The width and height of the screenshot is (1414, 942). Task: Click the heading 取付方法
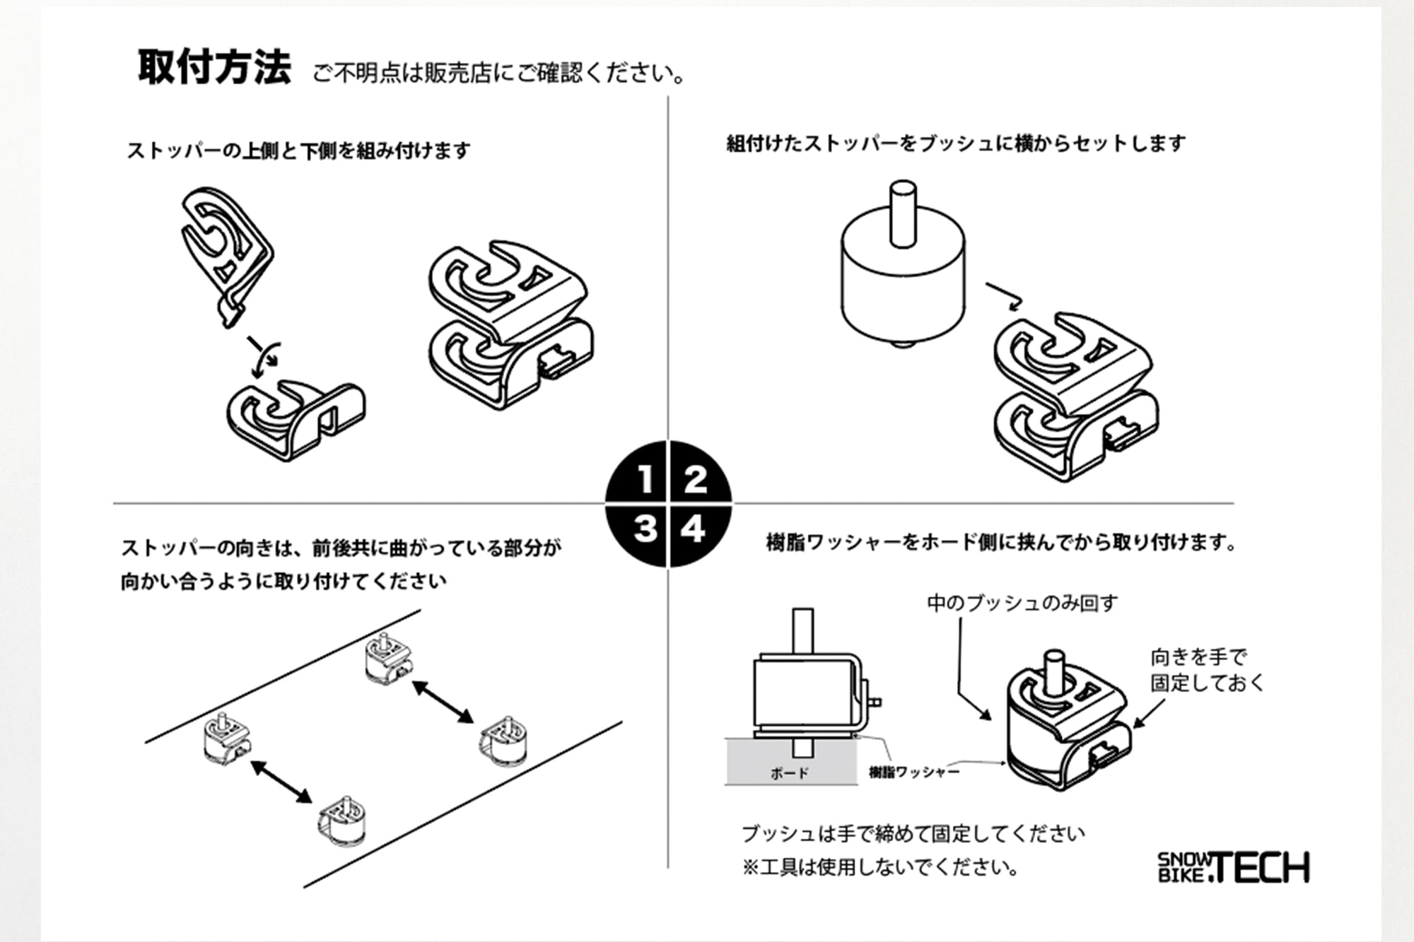pyautogui.click(x=214, y=69)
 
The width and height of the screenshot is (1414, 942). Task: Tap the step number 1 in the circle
pyautogui.click(x=645, y=479)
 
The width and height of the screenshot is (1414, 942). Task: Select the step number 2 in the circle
pyautogui.click(x=695, y=479)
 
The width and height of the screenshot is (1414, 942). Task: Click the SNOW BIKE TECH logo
pyautogui.click(x=1233, y=868)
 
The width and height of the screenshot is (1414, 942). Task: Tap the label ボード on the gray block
pyautogui.click(x=789, y=773)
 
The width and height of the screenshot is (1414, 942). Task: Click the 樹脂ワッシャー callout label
pyautogui.click(x=913, y=772)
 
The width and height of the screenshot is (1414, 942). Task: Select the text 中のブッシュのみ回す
pyautogui.click(x=1022, y=603)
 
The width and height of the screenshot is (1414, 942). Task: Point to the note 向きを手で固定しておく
pyautogui.click(x=1206, y=670)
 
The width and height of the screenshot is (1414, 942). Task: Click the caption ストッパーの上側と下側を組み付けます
pyautogui.click(x=298, y=151)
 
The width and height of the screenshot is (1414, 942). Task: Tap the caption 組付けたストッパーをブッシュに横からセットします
pyautogui.click(x=956, y=143)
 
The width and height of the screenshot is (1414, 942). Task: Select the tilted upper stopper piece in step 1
pyautogui.click(x=225, y=251)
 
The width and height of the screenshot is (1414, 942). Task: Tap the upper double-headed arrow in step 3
pyautogui.click(x=443, y=701)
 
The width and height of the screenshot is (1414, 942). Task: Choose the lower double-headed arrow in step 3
pyautogui.click(x=281, y=782)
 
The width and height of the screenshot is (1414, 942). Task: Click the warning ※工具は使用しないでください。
pyautogui.click(x=881, y=867)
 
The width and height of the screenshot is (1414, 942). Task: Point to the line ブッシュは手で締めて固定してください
pyautogui.click(x=913, y=834)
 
